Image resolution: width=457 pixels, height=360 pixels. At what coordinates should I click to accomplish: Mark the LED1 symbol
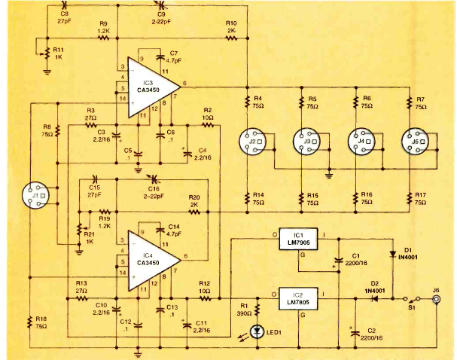[256, 329]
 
